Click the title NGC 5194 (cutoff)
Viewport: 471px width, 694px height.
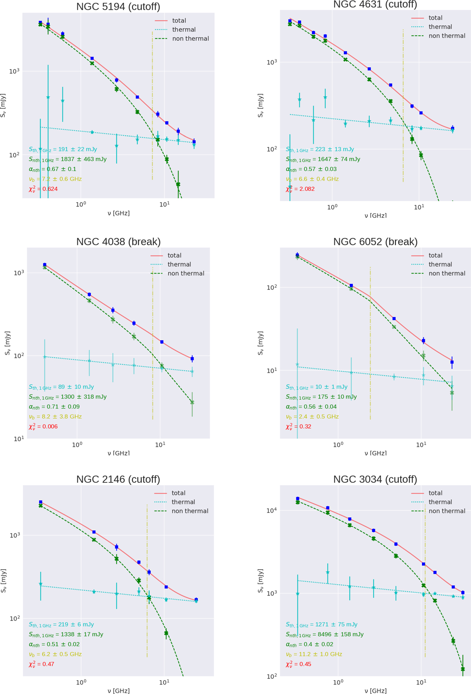(x=118, y=7)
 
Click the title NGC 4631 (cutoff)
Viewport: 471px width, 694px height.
(x=375, y=4)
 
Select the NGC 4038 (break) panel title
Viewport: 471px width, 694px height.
(x=118, y=242)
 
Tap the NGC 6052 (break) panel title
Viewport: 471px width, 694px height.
(x=375, y=242)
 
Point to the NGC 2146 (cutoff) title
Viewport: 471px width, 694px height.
(x=118, y=479)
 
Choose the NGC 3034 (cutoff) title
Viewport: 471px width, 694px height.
(x=375, y=479)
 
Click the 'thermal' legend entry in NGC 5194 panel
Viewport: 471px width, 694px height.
(x=184, y=29)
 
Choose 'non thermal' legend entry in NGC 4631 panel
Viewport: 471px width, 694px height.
(x=447, y=36)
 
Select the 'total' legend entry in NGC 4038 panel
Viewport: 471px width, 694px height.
(x=174, y=255)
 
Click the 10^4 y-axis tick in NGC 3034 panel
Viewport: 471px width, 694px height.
(x=272, y=510)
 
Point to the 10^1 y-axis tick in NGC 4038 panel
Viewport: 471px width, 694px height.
(x=18, y=439)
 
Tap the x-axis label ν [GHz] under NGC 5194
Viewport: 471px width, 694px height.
(x=118, y=213)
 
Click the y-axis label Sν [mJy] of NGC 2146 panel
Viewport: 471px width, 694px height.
(x=4, y=581)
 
